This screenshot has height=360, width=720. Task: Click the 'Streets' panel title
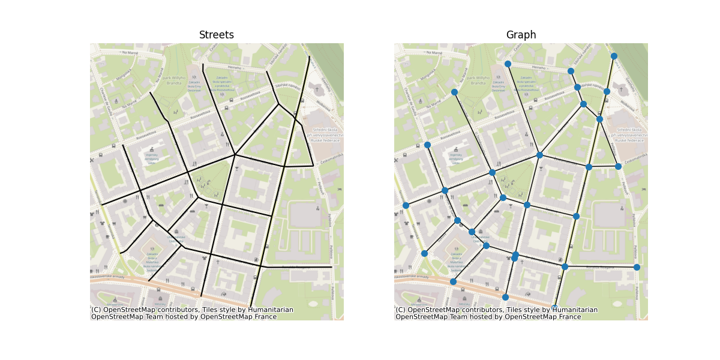[217, 35]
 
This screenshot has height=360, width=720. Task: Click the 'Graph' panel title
[521, 35]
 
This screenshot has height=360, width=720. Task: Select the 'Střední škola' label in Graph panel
[628, 129]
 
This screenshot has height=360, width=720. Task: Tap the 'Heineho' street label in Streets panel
[233, 68]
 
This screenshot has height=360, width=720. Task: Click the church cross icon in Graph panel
[621, 89]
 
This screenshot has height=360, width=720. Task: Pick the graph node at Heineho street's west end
[508, 64]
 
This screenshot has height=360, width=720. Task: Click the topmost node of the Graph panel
[614, 56]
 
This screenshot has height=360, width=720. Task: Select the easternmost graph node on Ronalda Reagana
[637, 267]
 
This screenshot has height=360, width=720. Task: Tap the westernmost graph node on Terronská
[406, 205]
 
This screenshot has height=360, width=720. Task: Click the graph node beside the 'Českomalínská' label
[618, 166]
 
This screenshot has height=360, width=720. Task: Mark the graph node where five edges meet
[539, 155]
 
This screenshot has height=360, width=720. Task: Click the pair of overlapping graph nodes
[515, 256]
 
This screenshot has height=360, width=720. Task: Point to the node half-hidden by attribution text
[554, 308]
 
